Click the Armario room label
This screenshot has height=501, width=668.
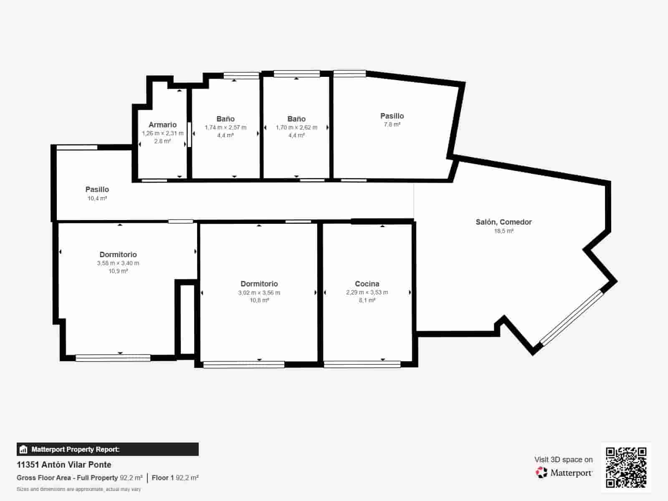pos(162,125)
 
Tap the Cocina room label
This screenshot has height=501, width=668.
pos(367,284)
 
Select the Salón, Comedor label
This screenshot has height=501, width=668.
pos(504,222)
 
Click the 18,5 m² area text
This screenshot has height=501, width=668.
pos(504,231)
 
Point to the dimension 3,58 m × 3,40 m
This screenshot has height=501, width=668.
pos(118,263)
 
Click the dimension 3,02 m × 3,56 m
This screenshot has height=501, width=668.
pos(259,293)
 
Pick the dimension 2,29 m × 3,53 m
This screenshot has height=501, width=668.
pos(367,293)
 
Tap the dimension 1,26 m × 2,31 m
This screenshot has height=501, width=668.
pos(162,133)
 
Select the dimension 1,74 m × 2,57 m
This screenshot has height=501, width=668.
pos(225,127)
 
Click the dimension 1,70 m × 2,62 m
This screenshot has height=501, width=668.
pos(296,127)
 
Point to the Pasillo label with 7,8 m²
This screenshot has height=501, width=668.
pos(392,116)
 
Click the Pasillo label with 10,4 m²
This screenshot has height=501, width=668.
pos(97,190)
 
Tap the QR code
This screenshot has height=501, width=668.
pos(626,468)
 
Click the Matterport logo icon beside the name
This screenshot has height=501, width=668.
pos(541,473)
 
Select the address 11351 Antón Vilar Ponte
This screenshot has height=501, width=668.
pos(64,465)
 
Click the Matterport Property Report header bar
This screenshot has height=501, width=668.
pos(107,449)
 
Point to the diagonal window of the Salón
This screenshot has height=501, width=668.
pos(572,318)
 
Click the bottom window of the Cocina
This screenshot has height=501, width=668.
pos(362,364)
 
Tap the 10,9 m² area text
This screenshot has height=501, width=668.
pos(118,271)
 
